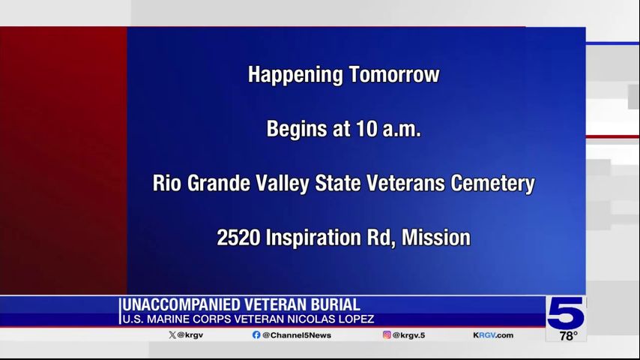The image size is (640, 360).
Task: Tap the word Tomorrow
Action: tap(394, 74)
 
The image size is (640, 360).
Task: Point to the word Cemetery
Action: tap(492, 184)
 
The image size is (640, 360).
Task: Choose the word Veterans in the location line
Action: tap(405, 183)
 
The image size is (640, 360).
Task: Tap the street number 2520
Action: tap(238, 238)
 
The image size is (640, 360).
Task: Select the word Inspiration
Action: tap(313, 238)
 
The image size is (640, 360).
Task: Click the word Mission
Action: tap(436, 238)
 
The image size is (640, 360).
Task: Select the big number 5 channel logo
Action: tap(565, 313)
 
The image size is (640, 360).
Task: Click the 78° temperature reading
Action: tap(568, 336)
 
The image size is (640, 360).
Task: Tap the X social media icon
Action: tap(172, 335)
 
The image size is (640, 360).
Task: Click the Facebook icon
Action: tap(256, 335)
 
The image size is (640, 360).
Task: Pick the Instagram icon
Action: tap(387, 334)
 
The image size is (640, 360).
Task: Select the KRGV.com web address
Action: tap(493, 335)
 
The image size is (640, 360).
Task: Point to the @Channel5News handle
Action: tap(297, 335)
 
